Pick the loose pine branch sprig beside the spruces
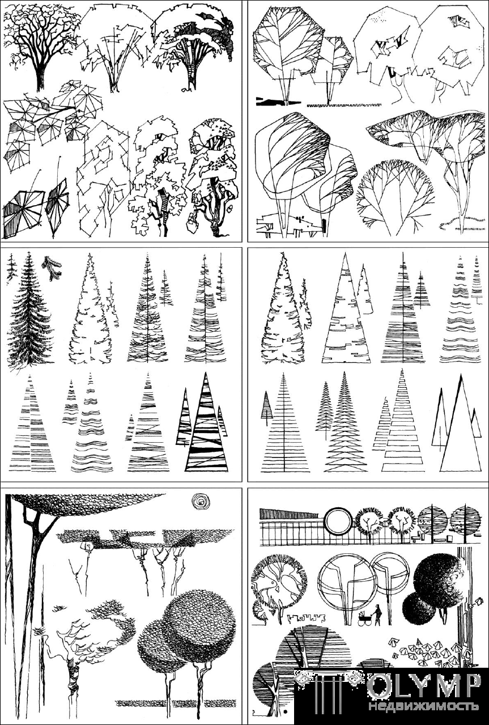tap(52, 268)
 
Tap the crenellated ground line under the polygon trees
tap(344, 105)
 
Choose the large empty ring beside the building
tap(338, 521)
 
